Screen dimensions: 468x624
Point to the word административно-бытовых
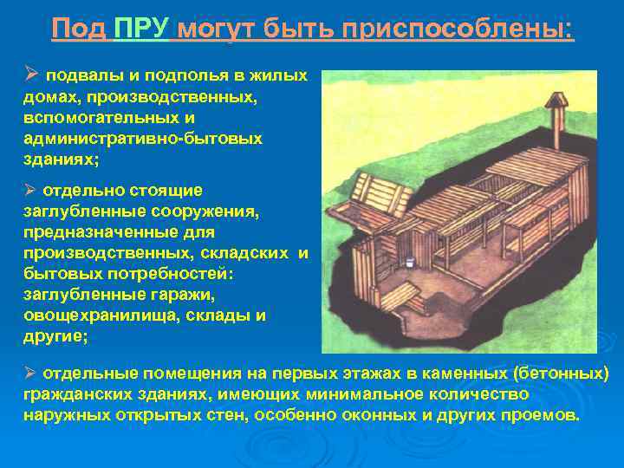143,139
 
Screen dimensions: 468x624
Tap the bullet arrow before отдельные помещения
29,373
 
